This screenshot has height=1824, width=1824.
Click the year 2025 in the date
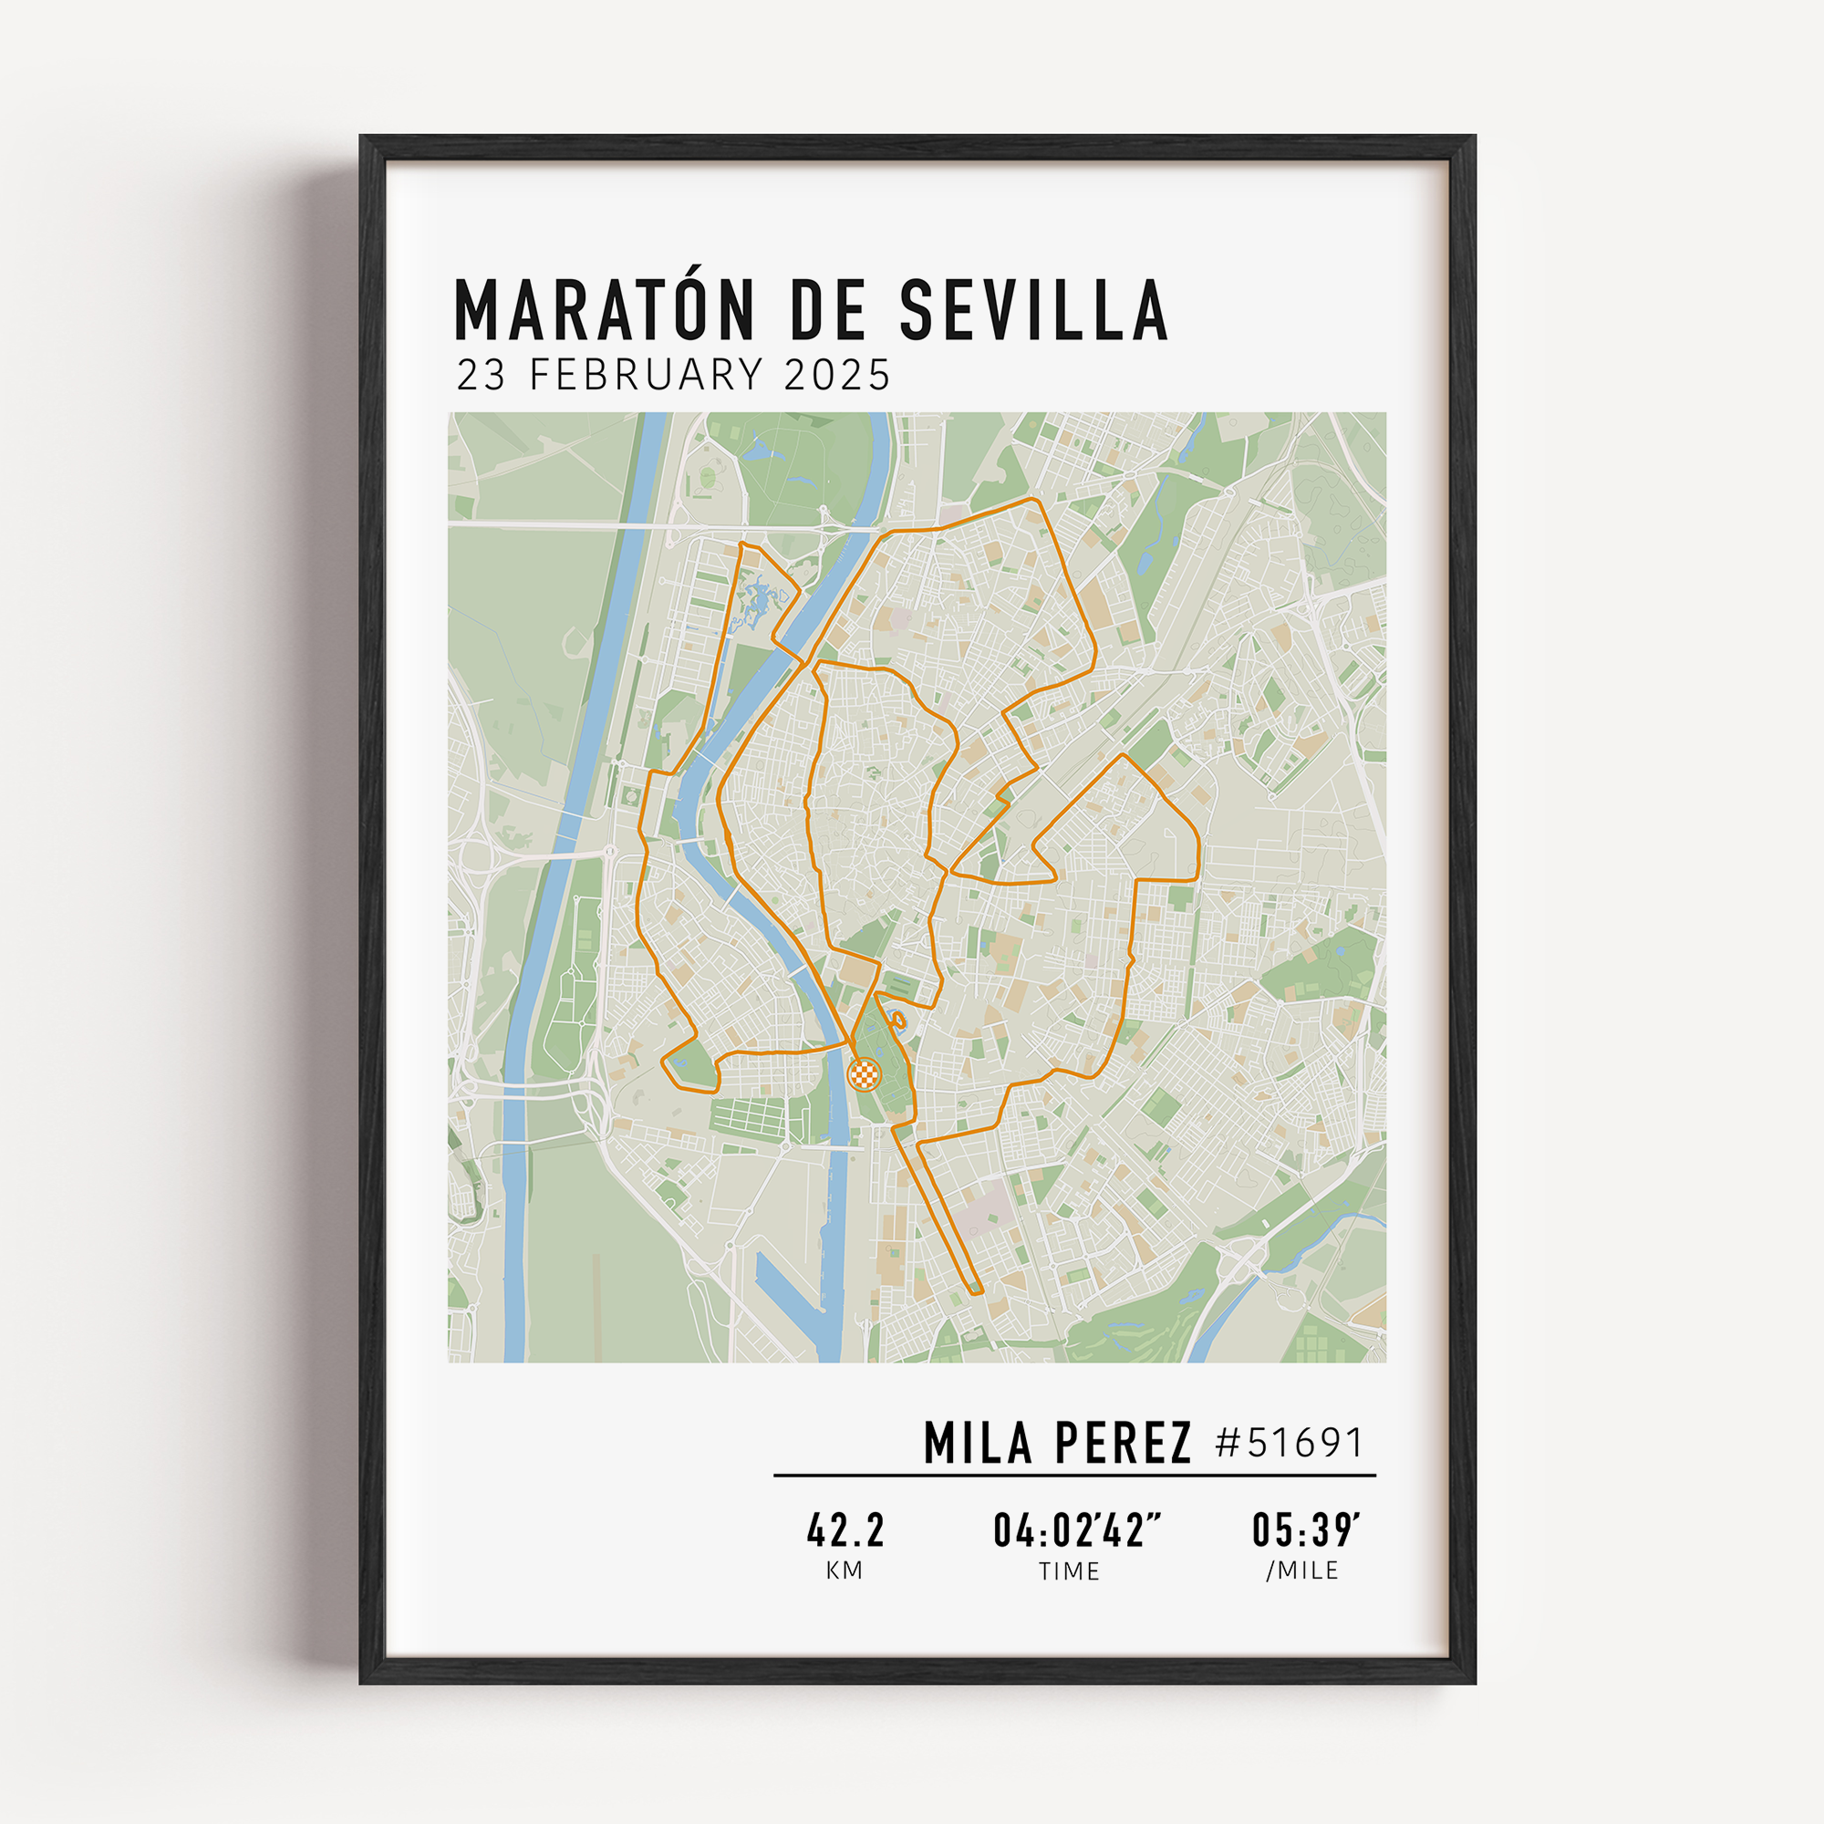837,375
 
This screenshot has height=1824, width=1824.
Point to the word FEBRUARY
646,375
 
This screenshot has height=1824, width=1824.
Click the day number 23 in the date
482,375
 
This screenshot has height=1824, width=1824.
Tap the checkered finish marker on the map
864,1073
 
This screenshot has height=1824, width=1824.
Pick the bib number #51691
1290,1444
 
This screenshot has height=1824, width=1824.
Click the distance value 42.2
845,1530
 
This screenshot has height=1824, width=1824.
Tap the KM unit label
844,1570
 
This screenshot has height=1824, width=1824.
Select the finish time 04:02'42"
1076,1530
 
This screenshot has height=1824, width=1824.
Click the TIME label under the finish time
1069,1571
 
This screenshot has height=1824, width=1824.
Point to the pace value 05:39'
1305,1530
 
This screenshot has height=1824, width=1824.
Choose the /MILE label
1302,1570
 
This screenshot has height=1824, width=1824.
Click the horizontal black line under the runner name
1074,1475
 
